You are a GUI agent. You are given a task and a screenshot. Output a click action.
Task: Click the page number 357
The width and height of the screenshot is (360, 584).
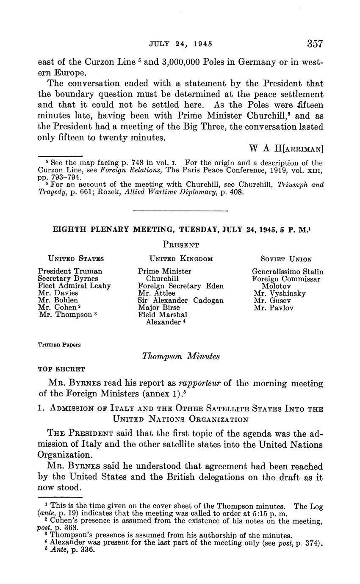[315, 44]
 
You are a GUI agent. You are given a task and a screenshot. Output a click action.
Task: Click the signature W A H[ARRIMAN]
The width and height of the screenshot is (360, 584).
[286, 149]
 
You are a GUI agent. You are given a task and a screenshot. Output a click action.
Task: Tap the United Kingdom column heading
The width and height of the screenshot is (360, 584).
[181, 259]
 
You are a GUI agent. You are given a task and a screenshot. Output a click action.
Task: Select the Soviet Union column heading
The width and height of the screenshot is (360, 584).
[286, 259]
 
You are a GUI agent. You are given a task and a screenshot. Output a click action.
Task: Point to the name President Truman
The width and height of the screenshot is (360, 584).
[70, 271]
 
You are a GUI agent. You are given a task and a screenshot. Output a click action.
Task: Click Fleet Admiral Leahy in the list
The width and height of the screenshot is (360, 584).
[74, 286]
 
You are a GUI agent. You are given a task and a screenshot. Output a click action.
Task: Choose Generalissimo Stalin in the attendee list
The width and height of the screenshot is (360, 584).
[287, 271]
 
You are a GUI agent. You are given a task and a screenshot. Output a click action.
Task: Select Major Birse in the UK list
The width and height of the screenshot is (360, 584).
[159, 308]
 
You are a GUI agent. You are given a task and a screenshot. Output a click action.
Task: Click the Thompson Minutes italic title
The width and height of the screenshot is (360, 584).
[181, 357]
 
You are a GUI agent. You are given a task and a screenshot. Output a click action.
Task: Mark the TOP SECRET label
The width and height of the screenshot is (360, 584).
[61, 369]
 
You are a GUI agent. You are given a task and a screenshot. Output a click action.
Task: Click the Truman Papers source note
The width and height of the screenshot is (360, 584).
[59, 345]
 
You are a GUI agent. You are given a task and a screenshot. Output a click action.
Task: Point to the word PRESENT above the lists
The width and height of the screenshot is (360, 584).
[181, 245]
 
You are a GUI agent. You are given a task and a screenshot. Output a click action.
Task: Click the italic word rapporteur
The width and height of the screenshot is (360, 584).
[200, 384]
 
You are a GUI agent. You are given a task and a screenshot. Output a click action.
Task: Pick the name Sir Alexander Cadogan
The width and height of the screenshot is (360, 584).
[181, 301]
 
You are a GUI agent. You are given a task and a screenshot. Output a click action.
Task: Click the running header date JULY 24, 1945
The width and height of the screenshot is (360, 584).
[180, 44]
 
